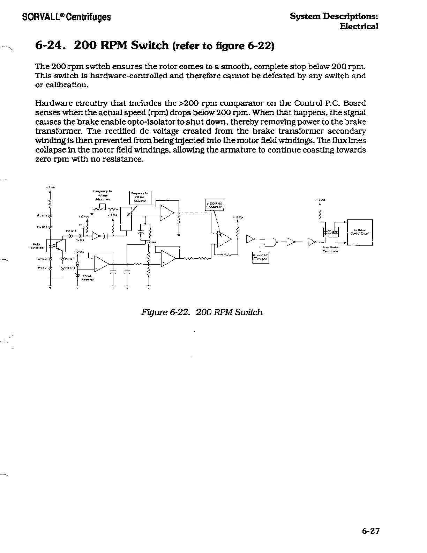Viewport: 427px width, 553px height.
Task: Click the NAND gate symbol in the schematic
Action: click(270, 241)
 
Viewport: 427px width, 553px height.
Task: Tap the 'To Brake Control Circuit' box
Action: click(360, 232)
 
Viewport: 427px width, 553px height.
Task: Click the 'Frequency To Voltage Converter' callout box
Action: click(140, 198)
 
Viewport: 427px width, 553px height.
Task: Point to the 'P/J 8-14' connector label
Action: click(70, 268)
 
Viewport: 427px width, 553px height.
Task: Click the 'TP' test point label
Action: click(80, 225)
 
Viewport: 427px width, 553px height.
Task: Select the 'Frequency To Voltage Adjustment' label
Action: click(103, 195)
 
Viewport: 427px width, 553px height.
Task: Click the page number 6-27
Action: click(370, 531)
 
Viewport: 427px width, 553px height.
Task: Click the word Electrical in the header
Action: click(359, 27)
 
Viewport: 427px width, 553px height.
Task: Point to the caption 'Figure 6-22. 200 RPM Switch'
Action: click(202, 312)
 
